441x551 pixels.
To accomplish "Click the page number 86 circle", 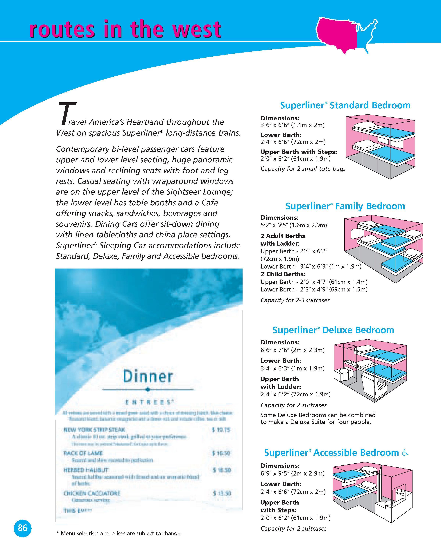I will coord(22,527).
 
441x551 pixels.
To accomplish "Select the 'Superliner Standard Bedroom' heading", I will coord(345,105).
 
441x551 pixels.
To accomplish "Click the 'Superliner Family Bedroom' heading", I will coord(345,206).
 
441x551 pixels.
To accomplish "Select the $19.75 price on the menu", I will coord(221,430).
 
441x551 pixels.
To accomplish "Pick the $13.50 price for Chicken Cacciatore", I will coord(222,493).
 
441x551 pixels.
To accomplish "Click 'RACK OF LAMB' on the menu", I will coord(83,453).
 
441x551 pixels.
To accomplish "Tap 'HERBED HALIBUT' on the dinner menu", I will coord(86,470).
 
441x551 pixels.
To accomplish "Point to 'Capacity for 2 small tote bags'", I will coord(303,169).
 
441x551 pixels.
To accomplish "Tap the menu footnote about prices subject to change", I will coord(119,533).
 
